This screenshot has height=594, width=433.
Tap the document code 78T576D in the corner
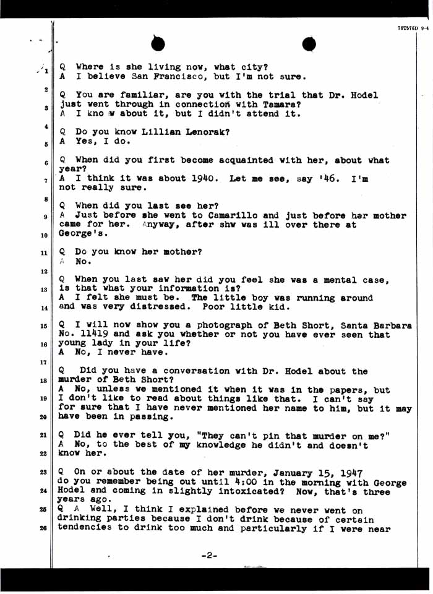click(406, 28)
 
